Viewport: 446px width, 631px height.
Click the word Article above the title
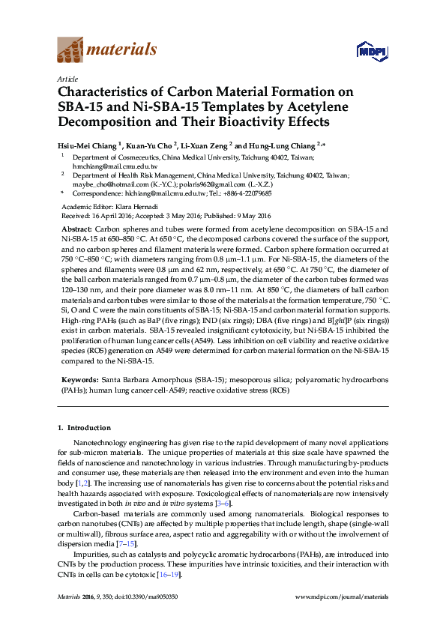pyautogui.click(x=66, y=79)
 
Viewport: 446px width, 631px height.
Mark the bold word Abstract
pyautogui.click(x=76, y=228)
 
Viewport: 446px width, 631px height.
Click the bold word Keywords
pyautogui.click(x=79, y=381)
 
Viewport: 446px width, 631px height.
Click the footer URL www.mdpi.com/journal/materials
pyautogui.click(x=343, y=597)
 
